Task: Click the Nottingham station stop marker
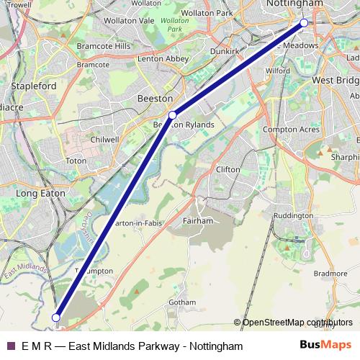click(304, 23)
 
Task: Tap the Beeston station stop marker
click(173, 114)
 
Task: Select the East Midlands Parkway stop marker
click(56, 315)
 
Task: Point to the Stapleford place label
click(34, 85)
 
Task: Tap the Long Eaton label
click(37, 194)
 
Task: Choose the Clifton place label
click(228, 169)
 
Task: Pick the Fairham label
click(197, 220)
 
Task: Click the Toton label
click(76, 160)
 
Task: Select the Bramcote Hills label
click(103, 46)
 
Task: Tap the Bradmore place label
click(330, 274)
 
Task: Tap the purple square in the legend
click(10, 346)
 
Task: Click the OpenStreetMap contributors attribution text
click(297, 323)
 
